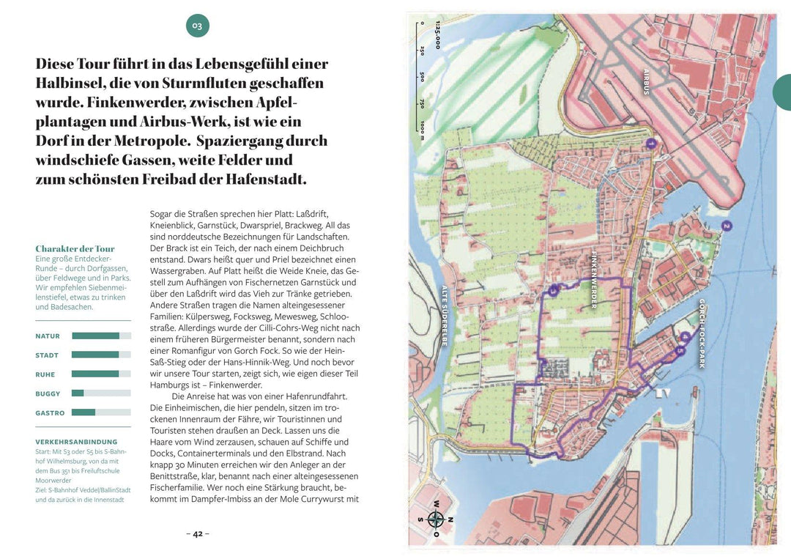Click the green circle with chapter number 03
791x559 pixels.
197,26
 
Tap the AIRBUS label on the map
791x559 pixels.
647,81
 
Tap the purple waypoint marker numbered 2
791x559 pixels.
726,226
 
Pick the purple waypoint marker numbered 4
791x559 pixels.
684,337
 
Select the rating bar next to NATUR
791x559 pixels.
101,336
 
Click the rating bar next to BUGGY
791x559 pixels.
101,393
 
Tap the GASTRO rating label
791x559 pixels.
50,412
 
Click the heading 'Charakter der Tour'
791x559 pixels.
75,249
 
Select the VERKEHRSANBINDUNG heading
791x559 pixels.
76,442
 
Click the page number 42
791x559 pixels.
197,533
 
